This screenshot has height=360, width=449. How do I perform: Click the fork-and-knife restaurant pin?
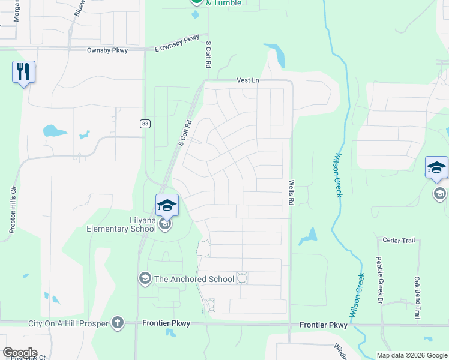(x=23, y=73)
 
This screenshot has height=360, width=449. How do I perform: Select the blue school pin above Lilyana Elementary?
(x=167, y=206)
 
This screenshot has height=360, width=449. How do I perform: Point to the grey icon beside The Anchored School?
(x=145, y=278)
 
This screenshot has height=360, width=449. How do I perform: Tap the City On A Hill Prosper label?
(x=68, y=323)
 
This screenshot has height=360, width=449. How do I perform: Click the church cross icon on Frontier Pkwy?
(x=117, y=323)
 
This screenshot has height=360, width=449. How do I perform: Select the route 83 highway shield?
(x=145, y=124)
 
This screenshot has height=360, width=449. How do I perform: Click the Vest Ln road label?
(x=247, y=80)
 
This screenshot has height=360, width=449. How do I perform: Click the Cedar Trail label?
(x=399, y=241)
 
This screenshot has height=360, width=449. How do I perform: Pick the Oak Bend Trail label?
(x=417, y=296)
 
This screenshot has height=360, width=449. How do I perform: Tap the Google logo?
(x=19, y=353)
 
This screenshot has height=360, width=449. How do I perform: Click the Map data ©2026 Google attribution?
(x=411, y=355)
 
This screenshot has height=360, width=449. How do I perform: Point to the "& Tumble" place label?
(x=223, y=3)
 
